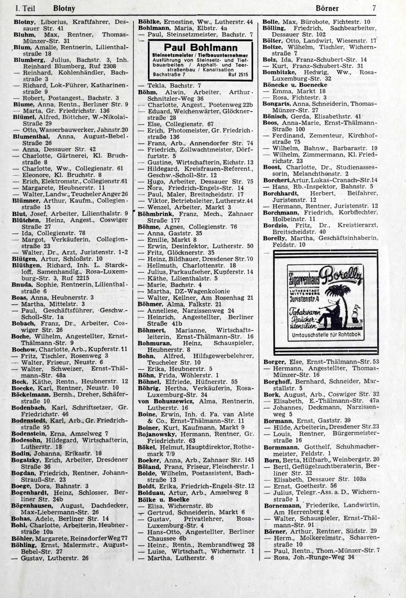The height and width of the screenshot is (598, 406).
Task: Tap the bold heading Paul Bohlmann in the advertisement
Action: (x=201, y=47)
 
